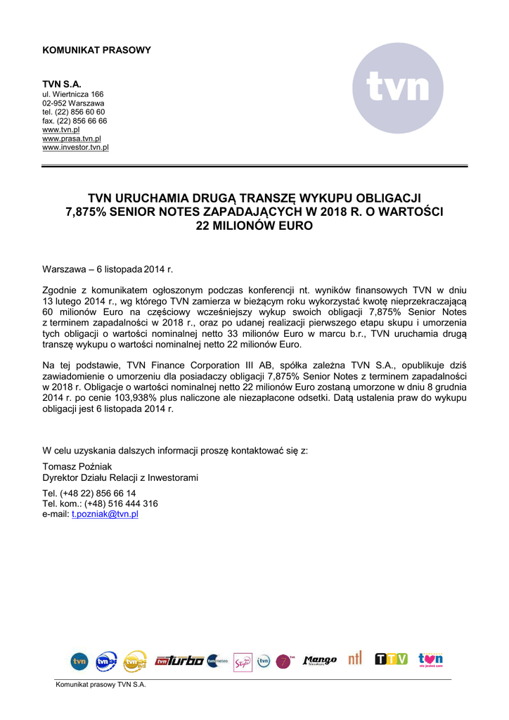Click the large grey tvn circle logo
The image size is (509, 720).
(398, 88)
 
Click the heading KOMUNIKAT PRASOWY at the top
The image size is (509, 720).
(96, 51)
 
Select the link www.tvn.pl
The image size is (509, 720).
(61, 130)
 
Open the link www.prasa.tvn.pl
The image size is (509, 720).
(72, 139)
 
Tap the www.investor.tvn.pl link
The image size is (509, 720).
(75, 148)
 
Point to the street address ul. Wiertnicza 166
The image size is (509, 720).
(73, 94)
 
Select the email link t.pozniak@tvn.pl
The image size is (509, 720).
(105, 515)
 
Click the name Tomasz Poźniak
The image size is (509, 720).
(77, 467)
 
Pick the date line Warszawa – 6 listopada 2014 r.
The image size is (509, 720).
(108, 269)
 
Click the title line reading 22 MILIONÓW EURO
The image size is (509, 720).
(254, 226)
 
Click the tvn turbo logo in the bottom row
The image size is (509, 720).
(179, 661)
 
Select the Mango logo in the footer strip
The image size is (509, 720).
(320, 661)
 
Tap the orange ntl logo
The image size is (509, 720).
(355, 659)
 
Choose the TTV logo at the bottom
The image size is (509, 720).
(391, 660)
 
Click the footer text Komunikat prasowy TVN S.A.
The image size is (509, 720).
(101, 686)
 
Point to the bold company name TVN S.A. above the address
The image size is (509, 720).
(62, 84)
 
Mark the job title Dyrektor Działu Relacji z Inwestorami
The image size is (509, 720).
(120, 478)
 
